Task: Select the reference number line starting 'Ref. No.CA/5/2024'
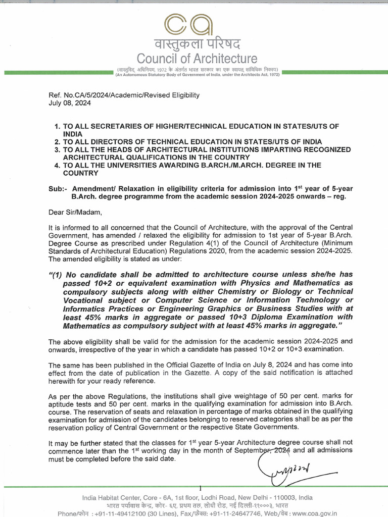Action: pyautogui.click(x=124, y=94)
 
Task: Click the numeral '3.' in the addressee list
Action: pyautogui.click(x=57, y=150)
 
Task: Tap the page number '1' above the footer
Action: pyautogui.click(x=201, y=488)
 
